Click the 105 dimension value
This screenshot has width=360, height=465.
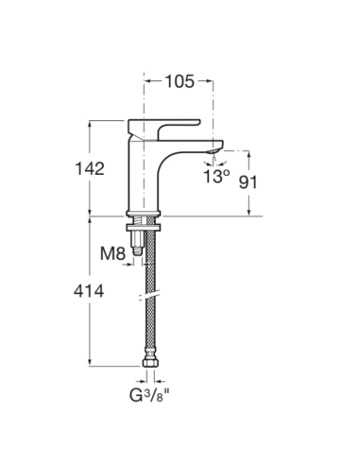point(179,81)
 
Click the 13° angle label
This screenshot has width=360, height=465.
point(216,175)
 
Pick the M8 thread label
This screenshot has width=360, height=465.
point(114,252)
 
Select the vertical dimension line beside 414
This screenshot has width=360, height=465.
point(90,321)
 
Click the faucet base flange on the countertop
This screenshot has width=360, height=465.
point(146,214)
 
